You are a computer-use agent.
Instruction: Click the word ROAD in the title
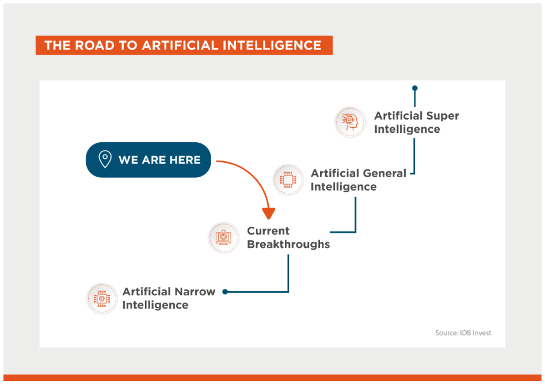pyautogui.click(x=94, y=45)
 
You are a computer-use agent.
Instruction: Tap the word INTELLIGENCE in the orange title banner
pyautogui.click(x=272, y=45)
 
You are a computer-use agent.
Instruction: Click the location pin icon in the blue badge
pyautogui.click(x=105, y=159)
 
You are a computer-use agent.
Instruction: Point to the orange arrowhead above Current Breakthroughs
pyautogui.click(x=269, y=214)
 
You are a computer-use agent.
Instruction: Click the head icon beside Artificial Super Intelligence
pyautogui.click(x=350, y=122)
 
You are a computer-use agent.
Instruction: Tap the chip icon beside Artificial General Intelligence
pyautogui.click(x=288, y=180)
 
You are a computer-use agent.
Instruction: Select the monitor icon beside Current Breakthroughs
pyautogui.click(x=223, y=238)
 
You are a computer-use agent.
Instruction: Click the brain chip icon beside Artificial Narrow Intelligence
pyautogui.click(x=102, y=299)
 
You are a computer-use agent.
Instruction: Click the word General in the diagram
pyautogui.click(x=384, y=173)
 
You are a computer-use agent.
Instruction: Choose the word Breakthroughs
pyautogui.click(x=288, y=244)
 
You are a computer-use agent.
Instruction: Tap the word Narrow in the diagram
pyautogui.click(x=195, y=292)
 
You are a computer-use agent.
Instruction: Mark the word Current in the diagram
pyautogui.click(x=268, y=231)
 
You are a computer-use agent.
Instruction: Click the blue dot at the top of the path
pyautogui.click(x=415, y=88)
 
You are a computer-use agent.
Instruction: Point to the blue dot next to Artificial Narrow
pyautogui.click(x=225, y=292)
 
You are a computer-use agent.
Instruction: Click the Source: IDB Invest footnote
pyautogui.click(x=463, y=333)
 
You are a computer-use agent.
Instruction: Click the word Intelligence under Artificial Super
pyautogui.click(x=407, y=129)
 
